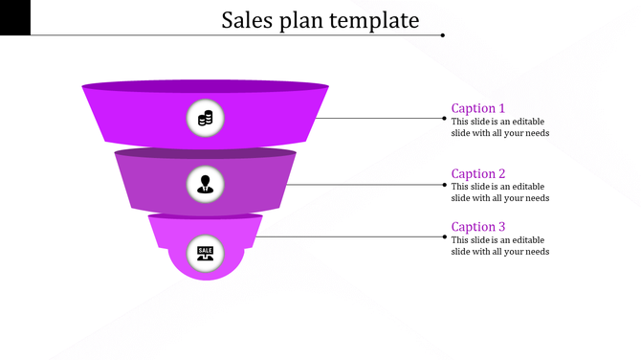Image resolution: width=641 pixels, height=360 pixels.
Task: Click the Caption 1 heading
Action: click(478, 108)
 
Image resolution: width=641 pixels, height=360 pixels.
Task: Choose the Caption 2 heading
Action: click(478, 174)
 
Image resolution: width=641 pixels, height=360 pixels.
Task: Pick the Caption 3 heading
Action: click(478, 227)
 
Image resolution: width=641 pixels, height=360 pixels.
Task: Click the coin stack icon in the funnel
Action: click(205, 119)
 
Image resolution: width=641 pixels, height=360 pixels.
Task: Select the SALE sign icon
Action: click(205, 252)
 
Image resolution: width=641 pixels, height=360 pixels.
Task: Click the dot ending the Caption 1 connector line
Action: click(444, 119)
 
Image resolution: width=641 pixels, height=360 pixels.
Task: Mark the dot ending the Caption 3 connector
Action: click(444, 236)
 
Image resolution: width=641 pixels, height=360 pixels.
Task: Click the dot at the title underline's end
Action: click(443, 35)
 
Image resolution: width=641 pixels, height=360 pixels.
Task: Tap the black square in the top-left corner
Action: click(15, 17)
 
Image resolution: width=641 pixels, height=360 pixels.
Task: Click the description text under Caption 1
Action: click(499, 127)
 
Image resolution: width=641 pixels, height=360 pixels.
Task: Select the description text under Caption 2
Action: click(499, 192)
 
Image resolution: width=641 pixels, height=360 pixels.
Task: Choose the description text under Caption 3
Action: click(499, 245)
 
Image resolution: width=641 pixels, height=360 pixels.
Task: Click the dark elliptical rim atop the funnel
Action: click(205, 86)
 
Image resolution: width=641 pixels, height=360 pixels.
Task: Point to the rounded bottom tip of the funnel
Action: click(205, 274)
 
